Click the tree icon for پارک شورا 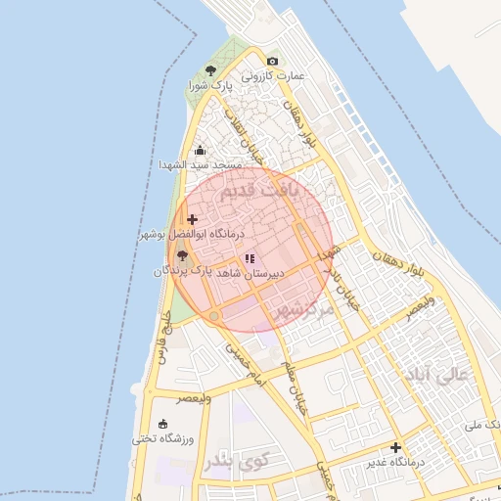click(210, 70)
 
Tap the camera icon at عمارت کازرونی click(272, 61)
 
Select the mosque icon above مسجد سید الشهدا click(201, 151)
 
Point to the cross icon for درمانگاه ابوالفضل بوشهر click(192, 219)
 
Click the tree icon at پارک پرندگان click(182, 254)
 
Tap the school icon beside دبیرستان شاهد click(250, 259)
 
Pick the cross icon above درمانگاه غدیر click(395, 447)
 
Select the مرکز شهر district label click(302, 309)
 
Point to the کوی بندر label click(232, 459)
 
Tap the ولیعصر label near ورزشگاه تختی click(193, 398)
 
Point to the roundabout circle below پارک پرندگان click(214, 316)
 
